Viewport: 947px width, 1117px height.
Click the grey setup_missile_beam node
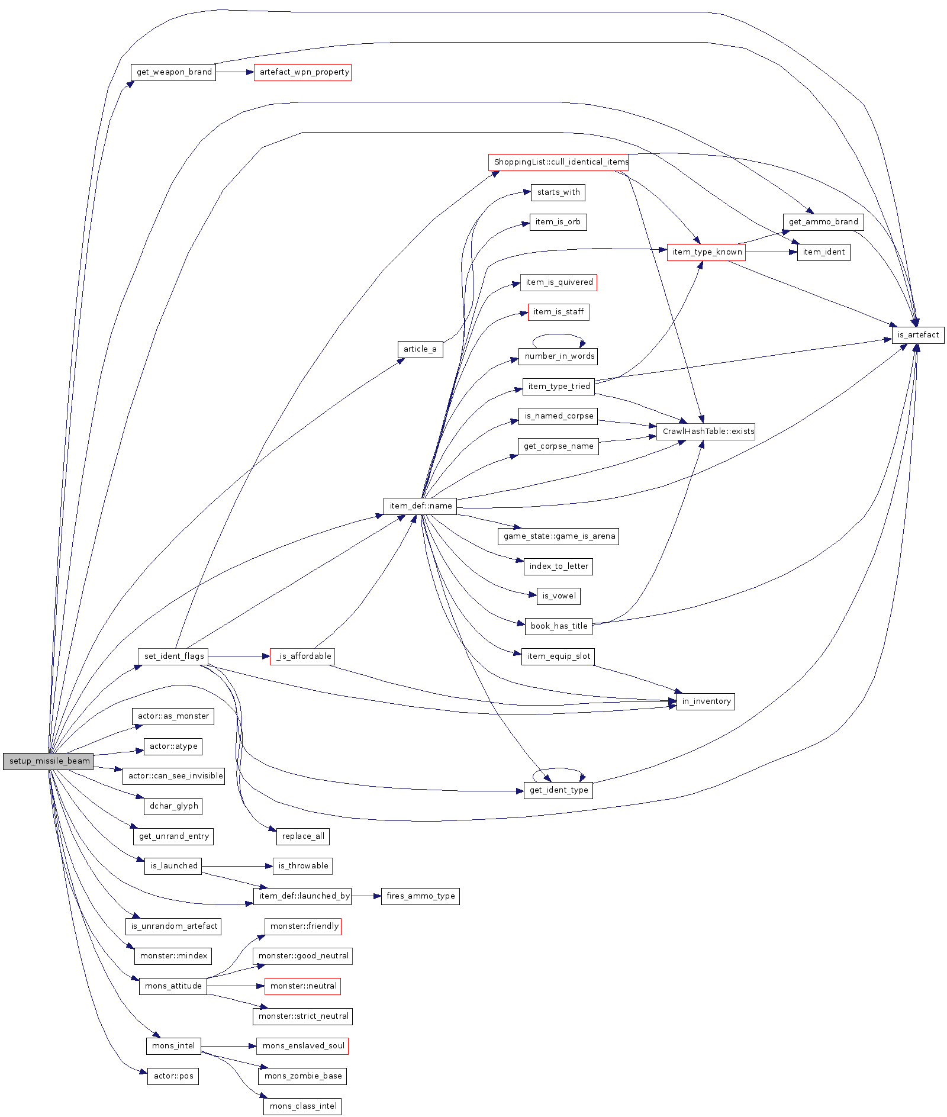pos(48,761)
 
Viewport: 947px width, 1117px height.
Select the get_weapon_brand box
pos(173,72)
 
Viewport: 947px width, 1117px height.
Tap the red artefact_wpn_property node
pos(302,72)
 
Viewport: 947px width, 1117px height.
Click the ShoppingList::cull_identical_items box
pos(558,162)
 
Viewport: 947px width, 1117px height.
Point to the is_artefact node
pos(918,335)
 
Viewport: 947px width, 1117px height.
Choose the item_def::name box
pos(420,506)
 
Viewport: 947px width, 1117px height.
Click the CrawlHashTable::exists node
pos(706,432)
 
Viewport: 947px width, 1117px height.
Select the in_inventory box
pos(706,701)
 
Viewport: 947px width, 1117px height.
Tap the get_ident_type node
pos(558,790)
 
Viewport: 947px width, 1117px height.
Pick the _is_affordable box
pos(302,656)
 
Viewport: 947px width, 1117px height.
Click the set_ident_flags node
pos(173,656)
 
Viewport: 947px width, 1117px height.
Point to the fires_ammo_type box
pos(420,896)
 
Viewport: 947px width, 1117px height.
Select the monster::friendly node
pos(303,926)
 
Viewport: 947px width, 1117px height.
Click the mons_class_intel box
pos(302,1106)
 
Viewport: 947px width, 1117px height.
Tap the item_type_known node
pos(706,252)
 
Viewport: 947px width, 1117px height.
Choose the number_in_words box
pos(558,356)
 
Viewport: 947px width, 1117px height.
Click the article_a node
pos(420,349)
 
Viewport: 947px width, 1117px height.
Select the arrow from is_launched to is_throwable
pos(237,867)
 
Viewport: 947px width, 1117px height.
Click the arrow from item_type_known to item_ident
pos(771,252)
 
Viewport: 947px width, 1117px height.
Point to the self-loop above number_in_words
pos(558,336)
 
